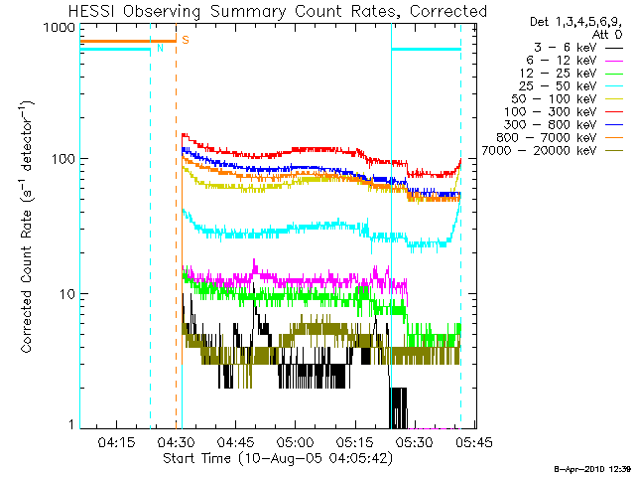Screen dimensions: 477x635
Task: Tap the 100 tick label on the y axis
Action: click(62, 159)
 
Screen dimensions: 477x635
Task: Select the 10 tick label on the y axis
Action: click(65, 294)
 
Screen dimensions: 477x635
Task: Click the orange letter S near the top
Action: click(186, 40)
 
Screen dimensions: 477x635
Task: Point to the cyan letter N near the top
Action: click(158, 49)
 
